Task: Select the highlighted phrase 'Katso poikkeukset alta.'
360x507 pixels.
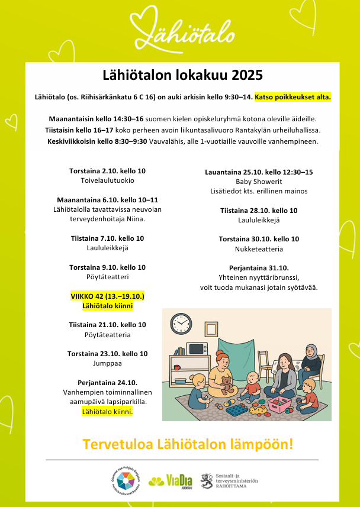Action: [x=292, y=96]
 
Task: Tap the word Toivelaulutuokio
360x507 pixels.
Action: [x=107, y=180]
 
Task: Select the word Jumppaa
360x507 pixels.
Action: [x=107, y=363]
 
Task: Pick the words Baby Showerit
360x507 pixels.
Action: [x=259, y=181]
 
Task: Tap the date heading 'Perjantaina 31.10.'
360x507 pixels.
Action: [x=259, y=267]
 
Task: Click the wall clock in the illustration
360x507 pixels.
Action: [x=181, y=324]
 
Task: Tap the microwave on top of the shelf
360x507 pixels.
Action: [x=198, y=348]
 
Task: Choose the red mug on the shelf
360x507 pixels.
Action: [x=176, y=367]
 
